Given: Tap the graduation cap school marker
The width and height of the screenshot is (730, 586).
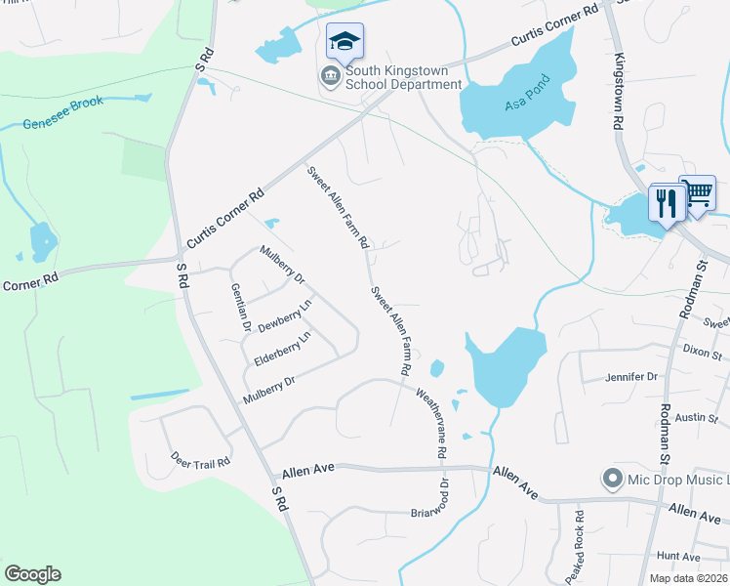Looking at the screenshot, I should [345, 41].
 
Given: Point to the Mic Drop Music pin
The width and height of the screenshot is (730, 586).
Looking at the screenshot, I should [613, 479].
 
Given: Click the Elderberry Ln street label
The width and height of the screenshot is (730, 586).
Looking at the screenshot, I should [282, 349].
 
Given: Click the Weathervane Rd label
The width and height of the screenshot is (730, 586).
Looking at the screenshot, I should [430, 424].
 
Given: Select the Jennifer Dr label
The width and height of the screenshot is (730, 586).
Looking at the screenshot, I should [631, 376].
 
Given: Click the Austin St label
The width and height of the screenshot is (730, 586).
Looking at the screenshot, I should [696, 418].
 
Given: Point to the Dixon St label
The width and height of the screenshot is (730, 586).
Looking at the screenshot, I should [702, 349].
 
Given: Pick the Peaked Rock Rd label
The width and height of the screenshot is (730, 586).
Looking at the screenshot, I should [580, 542].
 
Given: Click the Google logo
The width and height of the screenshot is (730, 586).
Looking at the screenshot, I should [32, 574].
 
